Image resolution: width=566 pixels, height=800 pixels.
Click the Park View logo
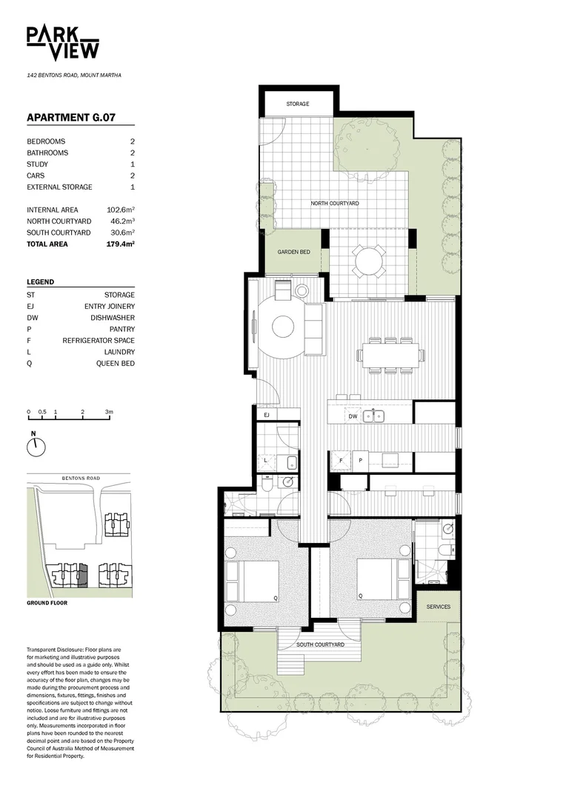pyautogui.click(x=63, y=42)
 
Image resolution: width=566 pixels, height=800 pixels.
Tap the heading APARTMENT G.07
pyautogui.click(x=70, y=117)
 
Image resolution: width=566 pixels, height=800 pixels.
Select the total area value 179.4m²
pyautogui.click(x=121, y=244)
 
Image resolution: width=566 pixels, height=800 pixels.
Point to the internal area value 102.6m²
pyautogui.click(x=121, y=210)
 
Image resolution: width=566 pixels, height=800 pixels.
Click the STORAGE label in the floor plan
pyautogui.click(x=298, y=104)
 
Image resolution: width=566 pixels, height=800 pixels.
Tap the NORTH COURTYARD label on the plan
pyautogui.click(x=334, y=203)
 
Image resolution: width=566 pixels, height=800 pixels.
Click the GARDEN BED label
pyautogui.click(x=293, y=252)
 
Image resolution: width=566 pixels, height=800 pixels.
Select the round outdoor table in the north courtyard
pyautogui.click(x=369, y=261)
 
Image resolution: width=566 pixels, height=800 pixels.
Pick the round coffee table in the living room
pyautogui.click(x=284, y=326)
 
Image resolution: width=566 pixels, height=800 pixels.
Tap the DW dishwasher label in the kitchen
pyautogui.click(x=353, y=417)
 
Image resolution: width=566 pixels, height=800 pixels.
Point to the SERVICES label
pyautogui.click(x=438, y=607)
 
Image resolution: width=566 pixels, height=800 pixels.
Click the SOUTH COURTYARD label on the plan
pyautogui.click(x=320, y=644)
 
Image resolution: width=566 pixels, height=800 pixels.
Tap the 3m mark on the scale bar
pyautogui.click(x=108, y=412)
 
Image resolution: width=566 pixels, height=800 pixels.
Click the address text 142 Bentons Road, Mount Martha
pyautogui.click(x=74, y=76)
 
